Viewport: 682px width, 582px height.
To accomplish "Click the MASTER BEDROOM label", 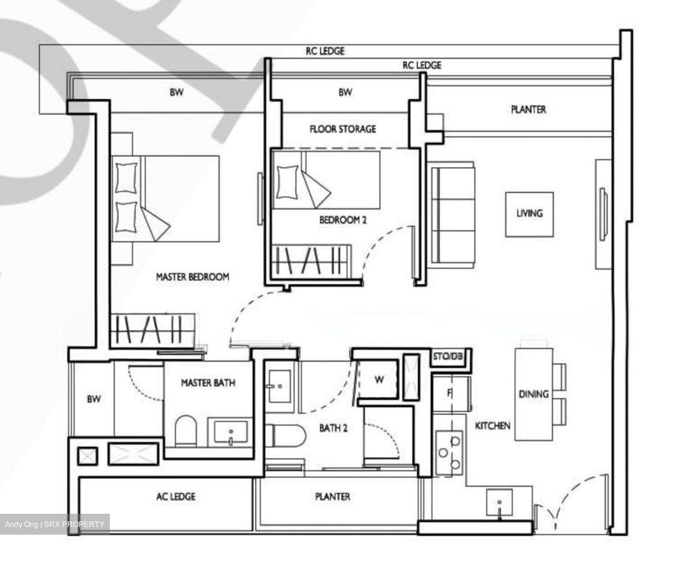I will click(192, 277).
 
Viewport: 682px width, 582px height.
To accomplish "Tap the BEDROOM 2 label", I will click(342, 220).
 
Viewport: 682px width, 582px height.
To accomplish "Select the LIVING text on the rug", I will click(529, 213).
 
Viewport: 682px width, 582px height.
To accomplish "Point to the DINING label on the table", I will click(533, 394).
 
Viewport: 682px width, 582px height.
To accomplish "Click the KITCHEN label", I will click(493, 426).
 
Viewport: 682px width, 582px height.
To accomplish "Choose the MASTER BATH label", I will click(208, 382).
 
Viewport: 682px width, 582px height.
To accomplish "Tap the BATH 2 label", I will click(333, 428).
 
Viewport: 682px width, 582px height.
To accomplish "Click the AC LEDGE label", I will click(175, 496).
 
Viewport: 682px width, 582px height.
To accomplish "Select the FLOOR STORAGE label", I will click(342, 129).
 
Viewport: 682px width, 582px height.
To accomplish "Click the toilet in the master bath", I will click(185, 430).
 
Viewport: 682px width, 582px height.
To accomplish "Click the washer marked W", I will click(379, 379).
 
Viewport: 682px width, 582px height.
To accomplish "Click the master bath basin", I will click(231, 432).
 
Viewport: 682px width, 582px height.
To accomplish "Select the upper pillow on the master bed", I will click(126, 177).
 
